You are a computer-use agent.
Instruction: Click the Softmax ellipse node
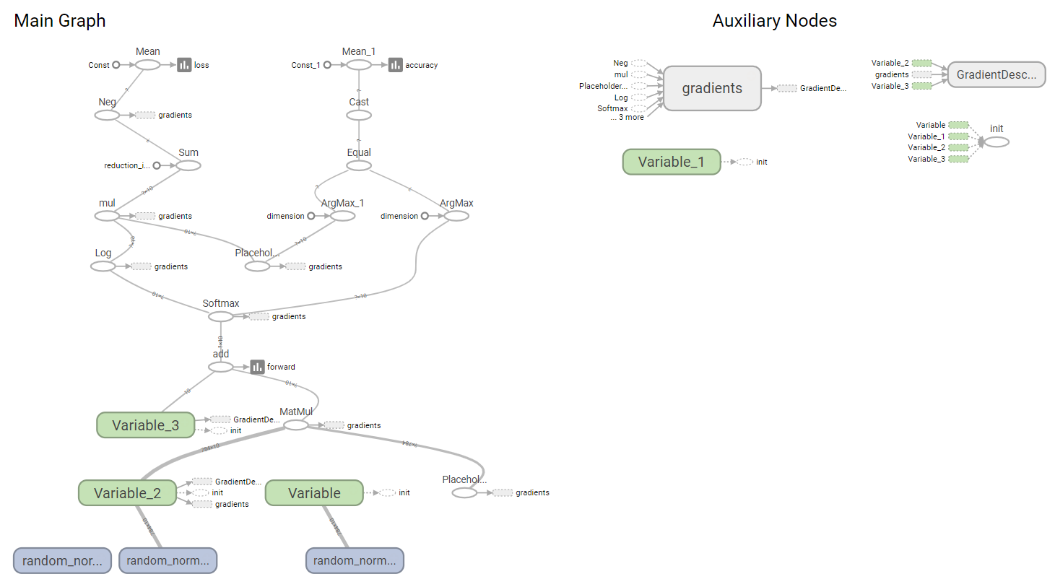click(x=221, y=316)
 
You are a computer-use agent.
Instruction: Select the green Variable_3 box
click(x=145, y=425)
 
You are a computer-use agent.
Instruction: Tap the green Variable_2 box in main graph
click(x=127, y=493)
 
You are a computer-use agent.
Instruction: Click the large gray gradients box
click(x=712, y=88)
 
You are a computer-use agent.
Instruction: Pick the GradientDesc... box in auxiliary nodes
click(x=996, y=74)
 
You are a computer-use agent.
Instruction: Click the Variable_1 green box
click(x=671, y=162)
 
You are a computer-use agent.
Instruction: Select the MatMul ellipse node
click(x=295, y=425)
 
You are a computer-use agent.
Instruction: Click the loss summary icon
click(x=184, y=65)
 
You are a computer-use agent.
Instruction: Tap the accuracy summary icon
click(x=395, y=65)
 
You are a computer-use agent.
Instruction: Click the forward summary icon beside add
click(x=257, y=367)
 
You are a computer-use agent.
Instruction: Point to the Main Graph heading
click(x=60, y=21)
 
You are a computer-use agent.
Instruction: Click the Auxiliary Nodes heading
click(x=774, y=21)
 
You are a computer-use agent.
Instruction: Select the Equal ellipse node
click(x=359, y=165)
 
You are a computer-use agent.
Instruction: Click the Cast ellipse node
click(x=359, y=115)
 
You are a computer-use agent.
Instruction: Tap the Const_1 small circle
click(x=327, y=65)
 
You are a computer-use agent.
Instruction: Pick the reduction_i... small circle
click(x=157, y=165)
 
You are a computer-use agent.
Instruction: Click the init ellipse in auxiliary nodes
click(x=997, y=142)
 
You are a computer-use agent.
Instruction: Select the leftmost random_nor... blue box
click(x=62, y=560)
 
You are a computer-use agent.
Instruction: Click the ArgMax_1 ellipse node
click(x=342, y=216)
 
